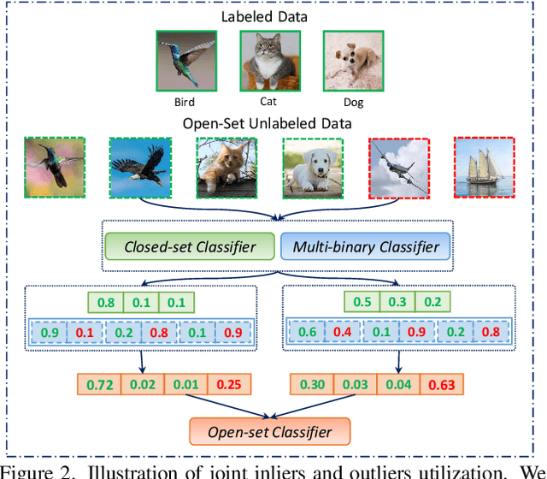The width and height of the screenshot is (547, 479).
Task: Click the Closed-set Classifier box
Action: point(190,248)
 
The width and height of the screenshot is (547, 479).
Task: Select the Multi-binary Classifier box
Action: point(366,248)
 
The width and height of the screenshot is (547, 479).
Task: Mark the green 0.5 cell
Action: point(362,301)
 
